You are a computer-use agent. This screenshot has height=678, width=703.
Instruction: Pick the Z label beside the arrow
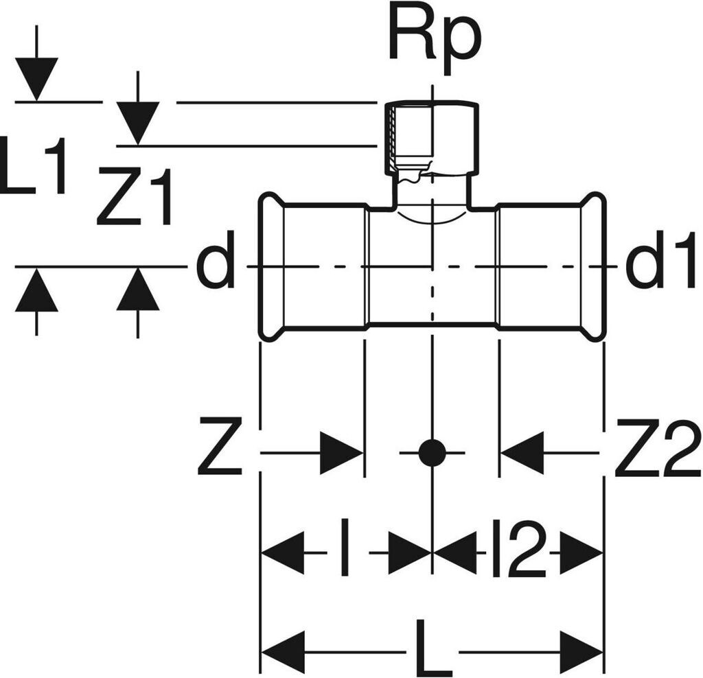pyautogui.click(x=220, y=453)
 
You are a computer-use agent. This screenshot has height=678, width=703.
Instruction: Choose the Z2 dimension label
pyautogui.click(x=657, y=453)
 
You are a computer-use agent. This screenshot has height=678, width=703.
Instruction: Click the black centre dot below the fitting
pyautogui.click(x=432, y=453)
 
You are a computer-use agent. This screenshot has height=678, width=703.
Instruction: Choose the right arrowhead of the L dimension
pyautogui.click(x=581, y=649)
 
